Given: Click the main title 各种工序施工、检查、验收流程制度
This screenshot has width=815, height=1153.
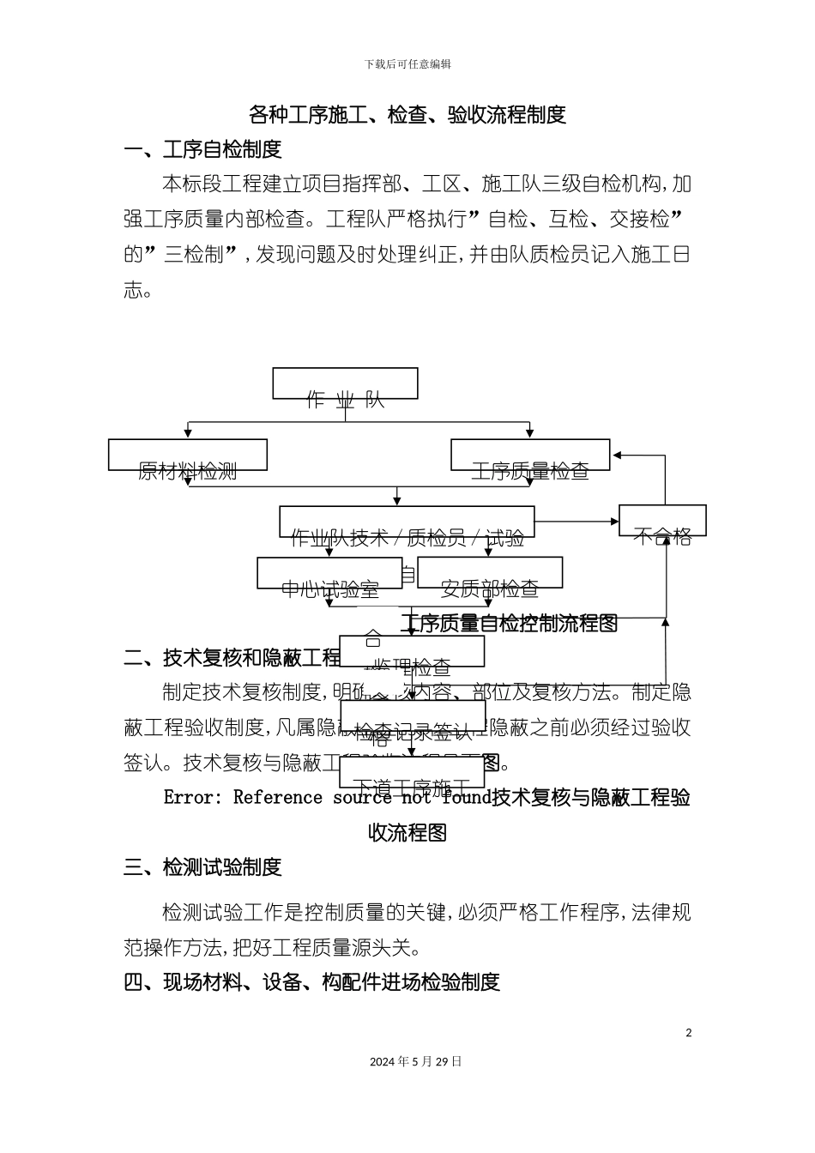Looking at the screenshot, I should pos(407,114).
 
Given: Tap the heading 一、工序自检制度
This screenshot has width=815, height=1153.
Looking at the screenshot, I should pos(202,149).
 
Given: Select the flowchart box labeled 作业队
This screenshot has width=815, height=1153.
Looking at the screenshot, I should pos(345,384).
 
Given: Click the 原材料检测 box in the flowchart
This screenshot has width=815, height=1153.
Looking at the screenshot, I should pos(187,456).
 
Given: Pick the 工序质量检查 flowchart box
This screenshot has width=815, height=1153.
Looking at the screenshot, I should pos(530,456).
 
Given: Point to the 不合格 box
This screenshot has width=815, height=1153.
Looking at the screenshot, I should pos(662,521).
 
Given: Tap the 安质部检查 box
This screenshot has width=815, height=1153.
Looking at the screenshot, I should pos(489,573).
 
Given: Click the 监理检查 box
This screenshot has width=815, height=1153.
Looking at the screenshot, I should pos(412,652).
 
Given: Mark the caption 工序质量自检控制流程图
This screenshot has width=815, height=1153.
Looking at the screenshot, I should pos(510,624).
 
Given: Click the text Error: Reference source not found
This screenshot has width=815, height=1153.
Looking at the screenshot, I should pos(327,798).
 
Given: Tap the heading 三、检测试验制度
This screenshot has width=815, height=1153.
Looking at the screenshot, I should pos(202,867).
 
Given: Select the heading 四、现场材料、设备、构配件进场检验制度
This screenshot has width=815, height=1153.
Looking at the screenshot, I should pos(311,982).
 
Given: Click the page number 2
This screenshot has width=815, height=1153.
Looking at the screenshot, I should pos(688,1033).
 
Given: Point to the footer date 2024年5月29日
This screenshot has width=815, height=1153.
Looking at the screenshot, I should pos(415,1061).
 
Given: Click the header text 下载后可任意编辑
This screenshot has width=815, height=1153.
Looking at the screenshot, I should pos(407,64).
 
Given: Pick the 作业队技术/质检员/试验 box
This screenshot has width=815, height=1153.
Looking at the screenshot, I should pos(407,522).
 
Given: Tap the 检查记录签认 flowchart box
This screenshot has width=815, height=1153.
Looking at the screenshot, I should pos(413,715).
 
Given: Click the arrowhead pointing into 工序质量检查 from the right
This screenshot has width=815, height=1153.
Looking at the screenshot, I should pos(616,456).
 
